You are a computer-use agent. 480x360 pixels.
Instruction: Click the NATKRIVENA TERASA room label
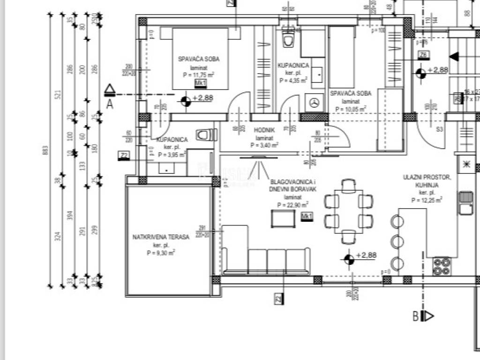pyautogui.click(x=161, y=237)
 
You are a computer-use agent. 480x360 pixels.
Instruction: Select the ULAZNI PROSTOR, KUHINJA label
pyautogui.click(x=427, y=180)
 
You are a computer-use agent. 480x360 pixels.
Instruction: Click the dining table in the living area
pyautogui.click(x=348, y=212)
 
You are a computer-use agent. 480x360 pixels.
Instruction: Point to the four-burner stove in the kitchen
pyautogui.click(x=442, y=267)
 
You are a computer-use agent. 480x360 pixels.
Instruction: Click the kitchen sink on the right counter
pyautogui.click(x=465, y=202)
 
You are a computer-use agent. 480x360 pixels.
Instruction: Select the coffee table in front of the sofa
pyautogui.click(x=283, y=218)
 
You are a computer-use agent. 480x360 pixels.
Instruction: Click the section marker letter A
pyautogui.click(x=110, y=104)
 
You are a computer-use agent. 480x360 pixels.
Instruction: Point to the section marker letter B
pyautogui.click(x=415, y=316)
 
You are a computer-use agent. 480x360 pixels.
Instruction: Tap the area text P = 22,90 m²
pyautogui.click(x=292, y=205)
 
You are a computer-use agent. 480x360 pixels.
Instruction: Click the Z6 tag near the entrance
pyautogui.click(x=424, y=55)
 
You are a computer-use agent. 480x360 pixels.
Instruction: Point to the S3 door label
pyautogui.click(x=440, y=128)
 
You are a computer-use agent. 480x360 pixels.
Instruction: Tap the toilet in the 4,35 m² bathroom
pyautogui.click(x=288, y=40)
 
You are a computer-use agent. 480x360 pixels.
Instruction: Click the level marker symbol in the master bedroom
pyautogui.click(x=186, y=100)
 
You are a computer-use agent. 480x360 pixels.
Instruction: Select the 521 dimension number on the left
pyautogui.click(x=58, y=95)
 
